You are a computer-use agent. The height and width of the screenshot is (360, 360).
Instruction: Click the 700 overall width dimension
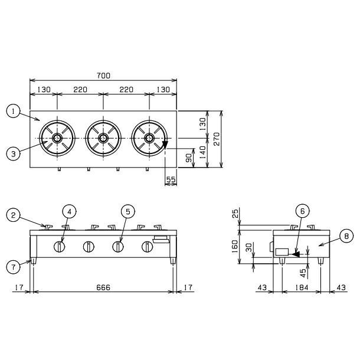(x=103, y=76)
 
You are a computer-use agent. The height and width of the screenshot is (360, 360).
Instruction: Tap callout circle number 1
(x=14, y=111)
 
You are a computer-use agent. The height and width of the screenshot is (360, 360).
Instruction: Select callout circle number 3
(x=14, y=153)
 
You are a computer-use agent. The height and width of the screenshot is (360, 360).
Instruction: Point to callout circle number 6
(x=302, y=211)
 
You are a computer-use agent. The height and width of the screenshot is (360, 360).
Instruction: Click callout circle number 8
(x=346, y=236)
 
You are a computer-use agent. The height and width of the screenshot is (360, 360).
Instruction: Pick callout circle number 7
(x=14, y=267)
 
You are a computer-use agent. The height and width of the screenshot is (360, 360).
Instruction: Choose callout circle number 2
(x=14, y=215)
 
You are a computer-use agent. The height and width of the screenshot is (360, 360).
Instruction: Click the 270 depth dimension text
(x=217, y=139)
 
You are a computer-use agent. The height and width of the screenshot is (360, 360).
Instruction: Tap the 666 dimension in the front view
(x=103, y=287)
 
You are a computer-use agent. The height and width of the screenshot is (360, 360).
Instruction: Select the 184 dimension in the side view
(x=302, y=287)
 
